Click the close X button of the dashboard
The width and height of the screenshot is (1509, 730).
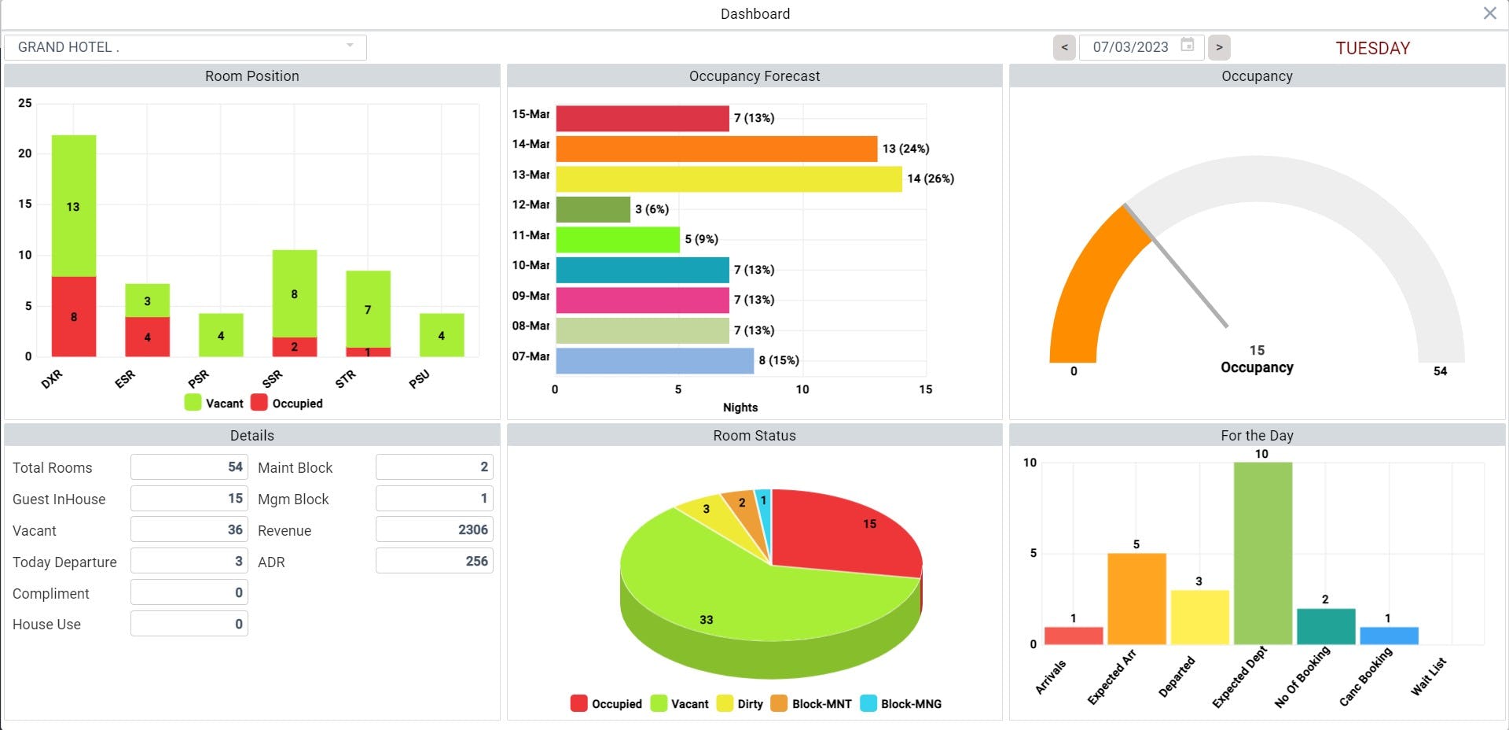1489,13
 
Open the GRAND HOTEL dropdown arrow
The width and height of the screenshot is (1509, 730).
350,46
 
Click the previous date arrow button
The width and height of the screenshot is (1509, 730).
1064,47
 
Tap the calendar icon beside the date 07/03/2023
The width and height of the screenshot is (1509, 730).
1188,45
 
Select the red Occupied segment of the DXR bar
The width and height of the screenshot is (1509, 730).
74,316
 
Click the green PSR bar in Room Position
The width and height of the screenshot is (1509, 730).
221,335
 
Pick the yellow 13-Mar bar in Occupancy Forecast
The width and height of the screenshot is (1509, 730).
728,179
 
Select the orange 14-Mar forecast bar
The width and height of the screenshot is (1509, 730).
715,149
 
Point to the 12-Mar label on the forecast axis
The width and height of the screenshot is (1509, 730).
531,205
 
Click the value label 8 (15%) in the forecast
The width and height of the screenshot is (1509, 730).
779,360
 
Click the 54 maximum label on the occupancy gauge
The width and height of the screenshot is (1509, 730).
1440,371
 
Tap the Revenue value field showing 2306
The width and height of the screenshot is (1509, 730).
434,530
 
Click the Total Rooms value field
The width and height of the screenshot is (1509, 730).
189,467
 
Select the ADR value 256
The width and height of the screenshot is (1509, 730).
434,562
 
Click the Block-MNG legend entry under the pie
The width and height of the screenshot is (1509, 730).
901,704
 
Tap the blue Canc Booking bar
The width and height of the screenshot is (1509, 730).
1389,636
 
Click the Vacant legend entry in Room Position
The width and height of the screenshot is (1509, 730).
215,404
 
